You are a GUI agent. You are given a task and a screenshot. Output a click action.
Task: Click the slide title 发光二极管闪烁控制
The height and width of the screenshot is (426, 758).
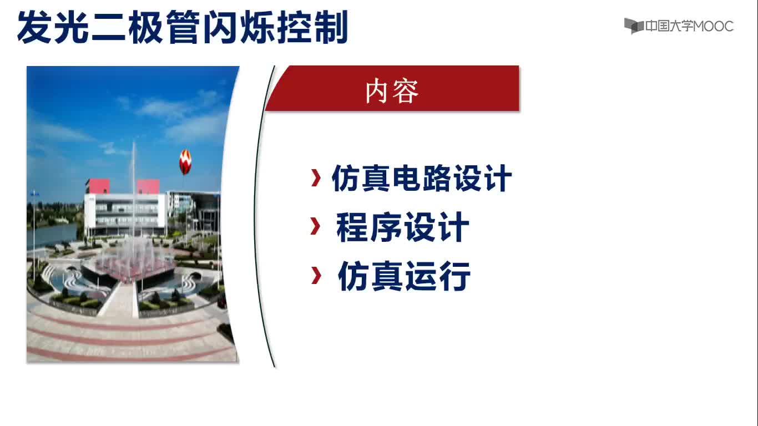[x=183, y=27]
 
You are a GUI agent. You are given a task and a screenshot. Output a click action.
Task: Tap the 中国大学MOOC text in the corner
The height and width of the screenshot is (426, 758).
[x=689, y=26]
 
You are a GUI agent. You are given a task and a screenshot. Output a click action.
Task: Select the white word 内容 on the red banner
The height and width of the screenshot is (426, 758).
[x=392, y=92]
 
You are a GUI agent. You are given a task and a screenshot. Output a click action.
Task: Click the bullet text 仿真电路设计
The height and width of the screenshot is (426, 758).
[x=421, y=178]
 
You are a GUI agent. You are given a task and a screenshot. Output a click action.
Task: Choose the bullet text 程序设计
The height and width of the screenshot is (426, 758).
[x=403, y=227]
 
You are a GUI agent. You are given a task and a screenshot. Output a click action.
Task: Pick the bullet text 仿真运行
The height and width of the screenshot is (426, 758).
[x=404, y=276]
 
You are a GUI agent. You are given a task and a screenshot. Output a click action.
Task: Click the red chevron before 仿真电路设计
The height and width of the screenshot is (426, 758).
[x=316, y=177]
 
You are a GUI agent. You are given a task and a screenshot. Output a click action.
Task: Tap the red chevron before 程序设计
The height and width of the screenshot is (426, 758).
[x=315, y=226]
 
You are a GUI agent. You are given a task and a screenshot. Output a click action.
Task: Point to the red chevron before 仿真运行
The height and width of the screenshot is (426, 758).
[x=316, y=275]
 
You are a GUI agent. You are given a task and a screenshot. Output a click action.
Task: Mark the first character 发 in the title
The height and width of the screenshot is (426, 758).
[x=35, y=27]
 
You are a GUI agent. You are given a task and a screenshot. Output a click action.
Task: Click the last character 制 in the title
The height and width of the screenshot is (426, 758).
[x=331, y=27]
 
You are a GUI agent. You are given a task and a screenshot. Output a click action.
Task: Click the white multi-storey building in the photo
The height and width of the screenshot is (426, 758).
[x=125, y=213]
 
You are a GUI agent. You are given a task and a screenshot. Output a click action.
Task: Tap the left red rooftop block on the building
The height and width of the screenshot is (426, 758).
[x=98, y=186]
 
